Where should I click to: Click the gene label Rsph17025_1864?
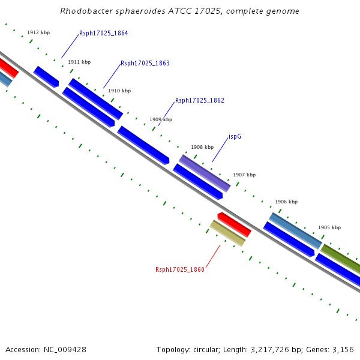click(103, 34)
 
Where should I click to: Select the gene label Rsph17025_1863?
click(145, 63)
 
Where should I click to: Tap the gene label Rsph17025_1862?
click(199, 100)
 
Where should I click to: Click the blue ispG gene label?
click(235, 136)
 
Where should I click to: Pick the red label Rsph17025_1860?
click(179, 269)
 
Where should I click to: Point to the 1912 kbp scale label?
click(38, 32)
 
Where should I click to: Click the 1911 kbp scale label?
click(79, 62)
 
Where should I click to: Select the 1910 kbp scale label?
click(119, 91)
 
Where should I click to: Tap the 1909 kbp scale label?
click(160, 119)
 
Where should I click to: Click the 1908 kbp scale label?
click(202, 147)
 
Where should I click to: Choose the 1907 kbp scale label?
click(244, 175)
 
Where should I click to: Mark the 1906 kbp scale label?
click(286, 202)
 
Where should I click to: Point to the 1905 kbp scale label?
click(329, 227)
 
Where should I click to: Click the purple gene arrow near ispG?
click(205, 173)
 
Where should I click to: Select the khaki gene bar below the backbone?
click(227, 233)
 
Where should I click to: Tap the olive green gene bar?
click(340, 257)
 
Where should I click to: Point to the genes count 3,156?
click(343, 349)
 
